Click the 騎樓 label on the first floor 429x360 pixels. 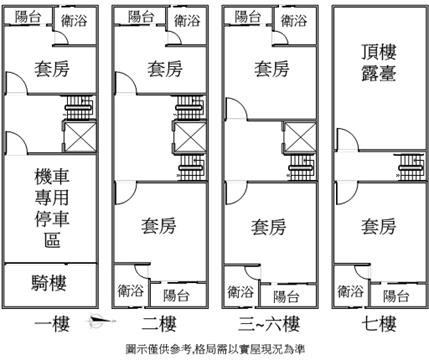(x=49, y=283)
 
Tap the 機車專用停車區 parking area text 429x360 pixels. (x=52, y=208)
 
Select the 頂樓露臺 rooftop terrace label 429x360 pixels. (x=379, y=63)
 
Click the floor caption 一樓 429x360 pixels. (x=52, y=324)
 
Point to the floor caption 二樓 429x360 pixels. (x=159, y=324)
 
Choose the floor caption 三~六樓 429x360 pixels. (x=269, y=324)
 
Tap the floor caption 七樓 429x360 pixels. (x=379, y=324)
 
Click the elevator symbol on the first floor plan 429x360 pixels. (x=80, y=137)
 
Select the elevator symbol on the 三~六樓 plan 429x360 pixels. (x=300, y=137)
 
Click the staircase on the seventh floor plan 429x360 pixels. (x=412, y=168)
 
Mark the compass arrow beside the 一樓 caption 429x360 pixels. (x=102, y=320)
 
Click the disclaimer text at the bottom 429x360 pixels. (x=215, y=349)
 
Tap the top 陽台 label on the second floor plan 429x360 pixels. (x=141, y=16)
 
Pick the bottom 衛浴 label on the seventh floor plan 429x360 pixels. (x=350, y=291)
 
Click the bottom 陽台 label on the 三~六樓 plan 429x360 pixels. (x=286, y=296)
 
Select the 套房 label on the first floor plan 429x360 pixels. (x=52, y=69)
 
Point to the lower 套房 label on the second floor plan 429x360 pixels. (x=158, y=226)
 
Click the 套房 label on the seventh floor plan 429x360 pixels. (x=378, y=227)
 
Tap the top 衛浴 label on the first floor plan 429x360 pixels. (x=74, y=21)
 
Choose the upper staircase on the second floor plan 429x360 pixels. (x=190, y=107)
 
